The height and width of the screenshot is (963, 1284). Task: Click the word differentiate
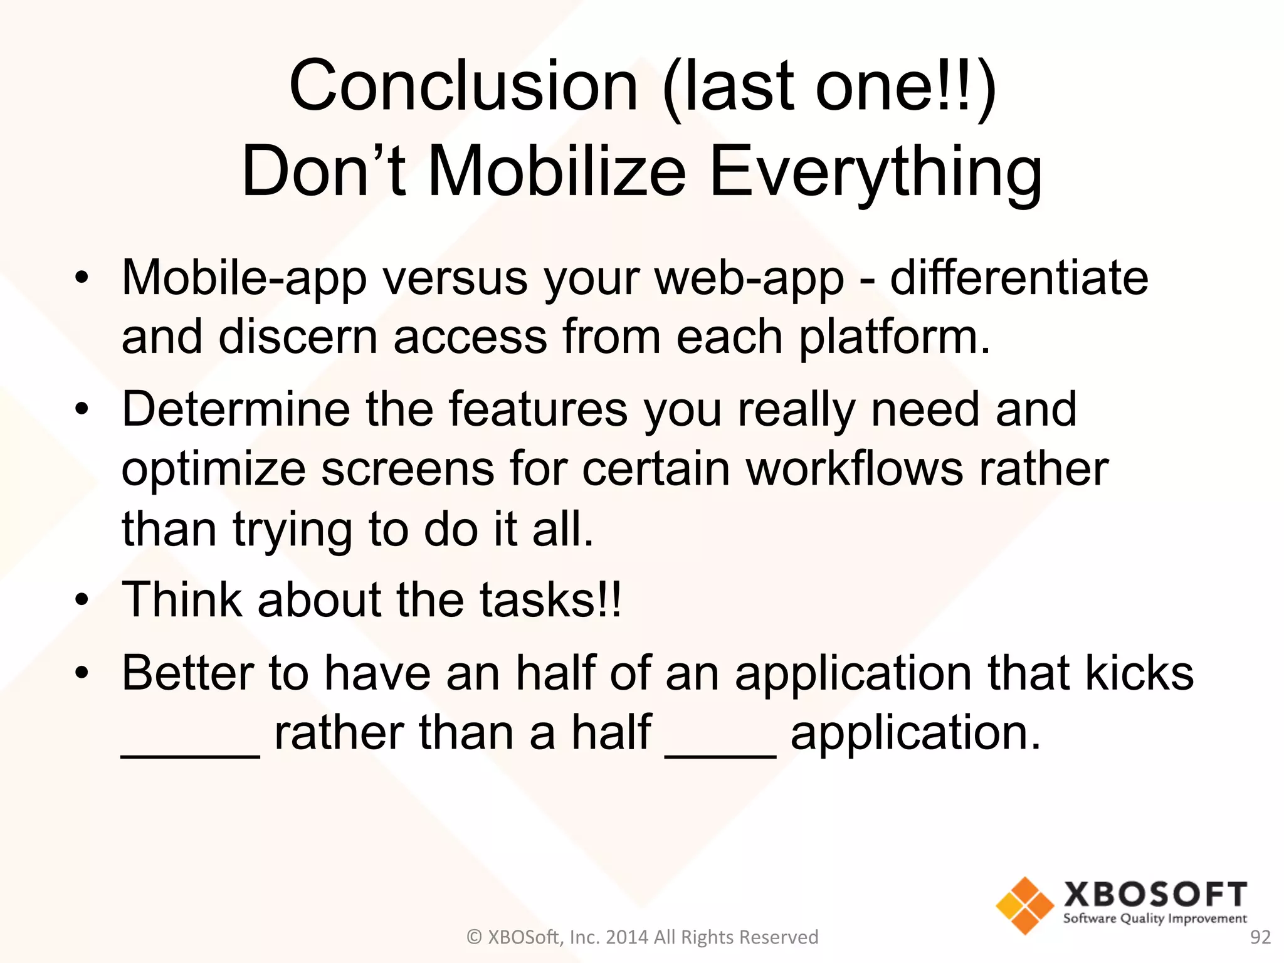coord(1019,277)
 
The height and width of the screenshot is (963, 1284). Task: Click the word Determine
coord(235,409)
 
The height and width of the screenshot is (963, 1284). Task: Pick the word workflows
coord(854,469)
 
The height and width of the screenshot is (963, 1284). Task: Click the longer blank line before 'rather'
coord(190,755)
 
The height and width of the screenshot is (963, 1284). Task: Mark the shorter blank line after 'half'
coord(720,755)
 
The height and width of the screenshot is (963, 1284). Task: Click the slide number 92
coord(1260,937)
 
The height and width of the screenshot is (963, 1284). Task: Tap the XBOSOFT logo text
coord(1155,894)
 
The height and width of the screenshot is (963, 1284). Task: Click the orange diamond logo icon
coord(1024,905)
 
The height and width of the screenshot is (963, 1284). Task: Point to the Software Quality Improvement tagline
coord(1155,918)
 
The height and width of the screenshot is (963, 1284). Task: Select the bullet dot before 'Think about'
coord(82,600)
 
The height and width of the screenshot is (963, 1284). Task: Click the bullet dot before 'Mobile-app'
coord(82,277)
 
